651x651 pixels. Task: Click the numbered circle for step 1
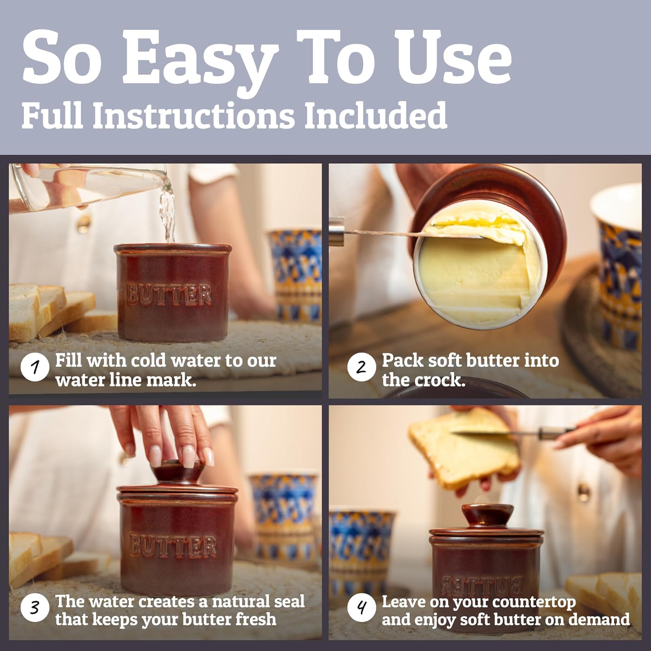pyautogui.click(x=34, y=368)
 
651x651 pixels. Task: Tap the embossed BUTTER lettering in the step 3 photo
pyautogui.click(x=173, y=546)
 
